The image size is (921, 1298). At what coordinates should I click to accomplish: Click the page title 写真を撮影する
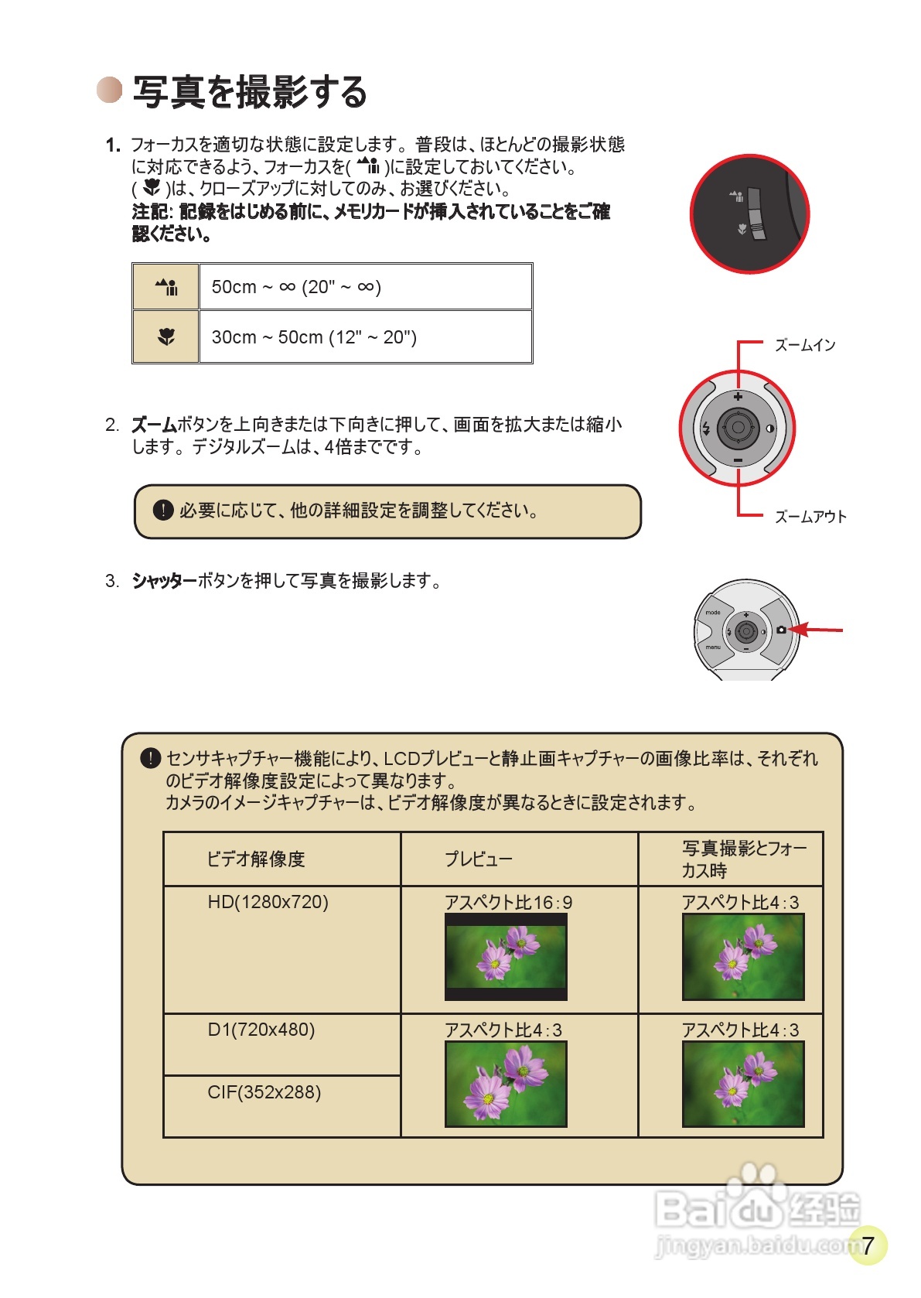coord(249,92)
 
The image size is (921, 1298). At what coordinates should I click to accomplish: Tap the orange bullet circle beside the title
coord(110,90)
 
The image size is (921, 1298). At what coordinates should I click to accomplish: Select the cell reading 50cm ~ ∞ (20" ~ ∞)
coord(296,287)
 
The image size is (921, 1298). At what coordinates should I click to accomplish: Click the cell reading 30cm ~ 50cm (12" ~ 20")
coord(314,337)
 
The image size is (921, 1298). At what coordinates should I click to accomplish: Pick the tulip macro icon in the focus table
coord(166,336)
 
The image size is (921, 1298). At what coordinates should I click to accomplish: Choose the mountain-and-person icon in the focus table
coord(166,287)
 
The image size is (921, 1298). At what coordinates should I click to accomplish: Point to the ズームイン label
coord(805,345)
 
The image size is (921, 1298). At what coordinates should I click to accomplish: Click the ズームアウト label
coord(810,517)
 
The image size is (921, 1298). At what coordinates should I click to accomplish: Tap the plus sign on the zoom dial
coord(738,397)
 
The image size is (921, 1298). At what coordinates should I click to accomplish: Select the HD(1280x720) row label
coord(268,902)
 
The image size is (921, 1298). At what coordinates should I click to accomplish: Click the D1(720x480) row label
coord(261,1030)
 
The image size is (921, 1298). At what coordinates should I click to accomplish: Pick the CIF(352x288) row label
coord(264,1092)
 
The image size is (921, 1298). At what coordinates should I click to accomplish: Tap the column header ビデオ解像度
coord(256,859)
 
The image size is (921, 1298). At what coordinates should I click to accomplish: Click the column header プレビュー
coord(478,859)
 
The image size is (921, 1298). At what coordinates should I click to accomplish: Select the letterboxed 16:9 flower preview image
coord(506,957)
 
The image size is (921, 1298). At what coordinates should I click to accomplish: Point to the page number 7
coord(868,1245)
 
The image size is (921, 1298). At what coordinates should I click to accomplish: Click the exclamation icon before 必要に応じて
coord(163,511)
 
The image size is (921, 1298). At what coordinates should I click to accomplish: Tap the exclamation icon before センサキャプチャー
coord(150,759)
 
